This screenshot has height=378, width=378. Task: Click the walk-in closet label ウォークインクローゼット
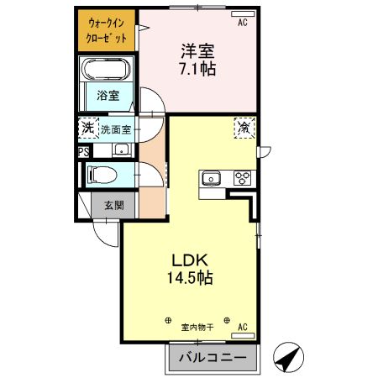[x=108, y=31]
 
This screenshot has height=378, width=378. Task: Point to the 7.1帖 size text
[x=199, y=69]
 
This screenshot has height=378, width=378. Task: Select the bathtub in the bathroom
[x=107, y=69]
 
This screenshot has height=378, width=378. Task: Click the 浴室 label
[x=108, y=96]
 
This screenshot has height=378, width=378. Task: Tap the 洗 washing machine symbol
[x=87, y=129]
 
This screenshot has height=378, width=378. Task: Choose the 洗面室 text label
[x=116, y=129]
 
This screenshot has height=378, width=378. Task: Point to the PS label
[x=83, y=152]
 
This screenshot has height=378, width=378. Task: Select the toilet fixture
[x=102, y=176]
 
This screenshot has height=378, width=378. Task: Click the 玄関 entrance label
[x=115, y=205]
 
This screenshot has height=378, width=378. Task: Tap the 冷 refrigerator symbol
[x=244, y=129]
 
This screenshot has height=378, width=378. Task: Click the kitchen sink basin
[x=210, y=177]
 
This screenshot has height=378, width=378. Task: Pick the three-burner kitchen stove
[x=242, y=177]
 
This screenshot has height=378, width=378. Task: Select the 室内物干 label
[x=198, y=327]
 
